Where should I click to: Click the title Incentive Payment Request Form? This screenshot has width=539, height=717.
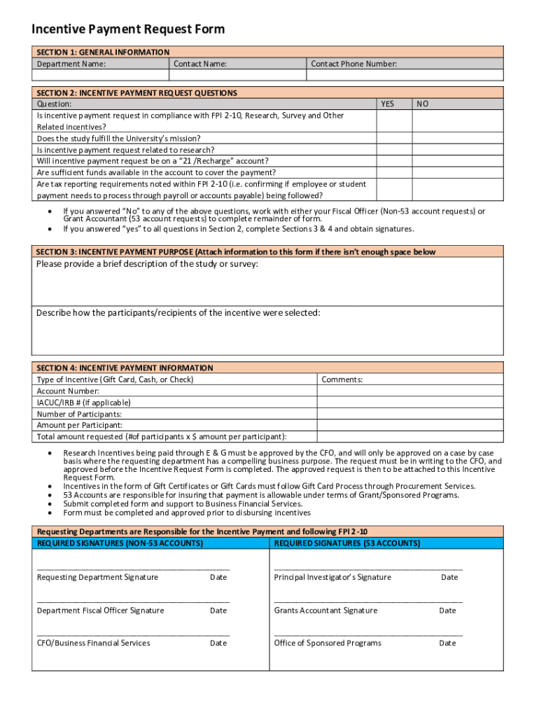pos(128,29)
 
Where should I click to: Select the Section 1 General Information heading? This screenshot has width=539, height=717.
pos(103,52)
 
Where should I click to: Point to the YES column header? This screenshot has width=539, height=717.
pos(387,104)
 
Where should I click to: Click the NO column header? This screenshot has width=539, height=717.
pos(423,104)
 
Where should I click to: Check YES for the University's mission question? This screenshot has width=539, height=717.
pos(394,139)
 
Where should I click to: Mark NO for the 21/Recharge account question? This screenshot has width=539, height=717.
pos(456,161)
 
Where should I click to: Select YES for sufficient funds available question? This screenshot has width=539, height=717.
pos(394,172)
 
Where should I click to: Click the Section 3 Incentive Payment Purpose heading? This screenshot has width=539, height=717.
pos(235,252)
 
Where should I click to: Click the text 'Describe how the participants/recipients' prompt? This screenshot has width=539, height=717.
pos(178,312)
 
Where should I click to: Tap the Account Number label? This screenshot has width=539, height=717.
pos(68,391)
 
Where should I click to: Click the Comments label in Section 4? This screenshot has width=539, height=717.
pos(342,380)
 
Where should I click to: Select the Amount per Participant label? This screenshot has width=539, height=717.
pos(79,425)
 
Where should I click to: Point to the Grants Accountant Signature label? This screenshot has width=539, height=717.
pos(325,611)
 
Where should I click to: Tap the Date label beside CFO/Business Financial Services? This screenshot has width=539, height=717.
pos(218,643)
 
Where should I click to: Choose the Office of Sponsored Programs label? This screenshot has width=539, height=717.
pos(328,643)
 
